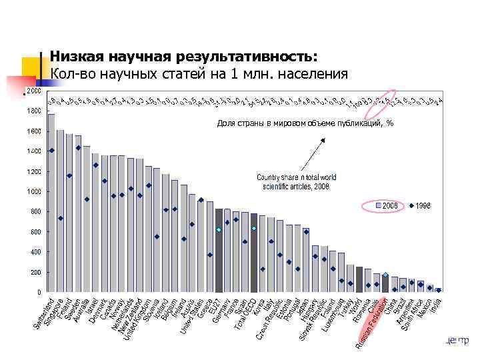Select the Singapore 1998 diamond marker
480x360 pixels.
pos(61,218)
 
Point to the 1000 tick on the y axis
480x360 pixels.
pos(33,192)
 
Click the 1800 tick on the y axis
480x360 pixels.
pos(33,111)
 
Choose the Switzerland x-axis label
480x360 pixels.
pos(44,315)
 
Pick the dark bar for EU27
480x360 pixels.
pos(219,250)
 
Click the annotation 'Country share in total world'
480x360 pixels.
pos(297,177)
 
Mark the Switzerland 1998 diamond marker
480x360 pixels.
pos(51,151)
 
